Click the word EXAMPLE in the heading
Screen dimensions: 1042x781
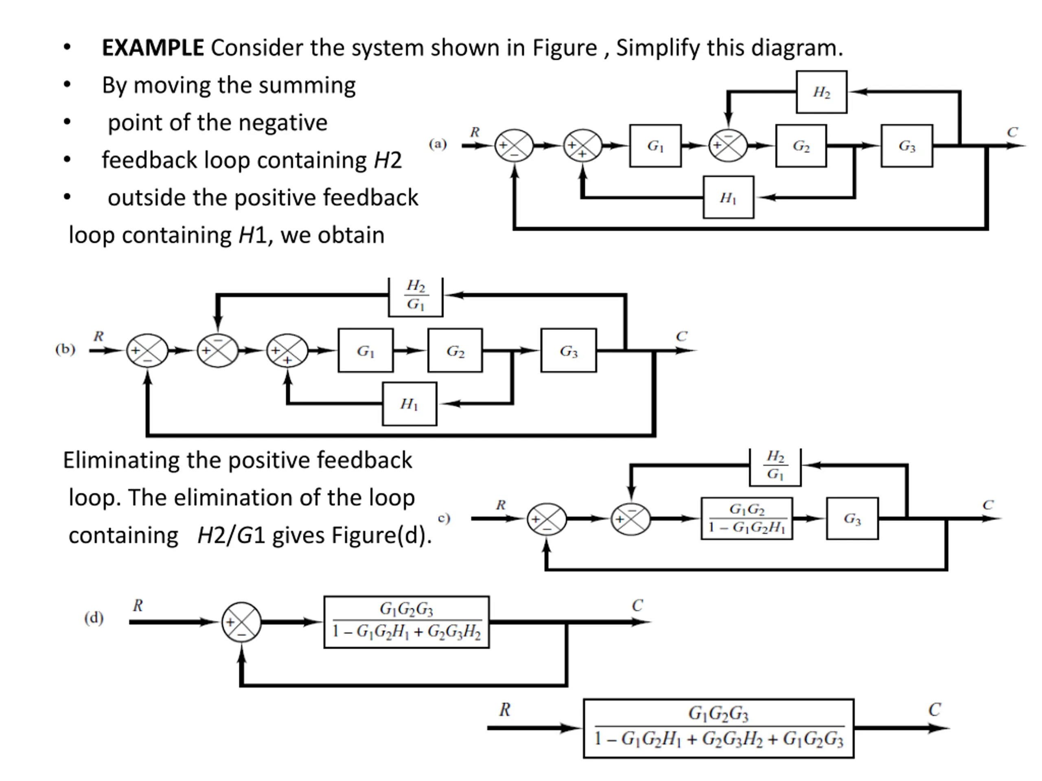coord(153,48)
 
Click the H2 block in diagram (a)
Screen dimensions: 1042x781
coord(821,92)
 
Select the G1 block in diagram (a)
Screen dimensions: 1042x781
coord(655,146)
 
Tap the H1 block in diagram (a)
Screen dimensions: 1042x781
coord(728,197)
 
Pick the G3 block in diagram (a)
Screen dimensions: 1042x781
coord(907,146)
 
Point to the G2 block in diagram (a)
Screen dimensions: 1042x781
coord(801,146)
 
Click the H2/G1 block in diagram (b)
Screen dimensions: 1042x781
coord(416,297)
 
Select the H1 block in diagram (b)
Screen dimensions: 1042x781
coord(409,404)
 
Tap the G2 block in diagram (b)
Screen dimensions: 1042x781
coord(455,351)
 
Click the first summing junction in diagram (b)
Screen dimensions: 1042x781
coord(147,351)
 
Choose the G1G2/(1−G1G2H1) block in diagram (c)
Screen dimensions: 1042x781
coord(746,518)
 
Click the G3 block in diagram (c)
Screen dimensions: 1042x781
coord(852,518)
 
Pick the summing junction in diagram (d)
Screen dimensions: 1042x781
coord(241,622)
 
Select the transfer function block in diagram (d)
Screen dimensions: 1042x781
coord(407,622)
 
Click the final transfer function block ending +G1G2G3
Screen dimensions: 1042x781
coord(718,728)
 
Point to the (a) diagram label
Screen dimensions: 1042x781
coord(438,144)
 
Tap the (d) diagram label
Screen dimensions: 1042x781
coord(94,617)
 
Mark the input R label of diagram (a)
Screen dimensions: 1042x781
coord(475,132)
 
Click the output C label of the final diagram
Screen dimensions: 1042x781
coord(935,709)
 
